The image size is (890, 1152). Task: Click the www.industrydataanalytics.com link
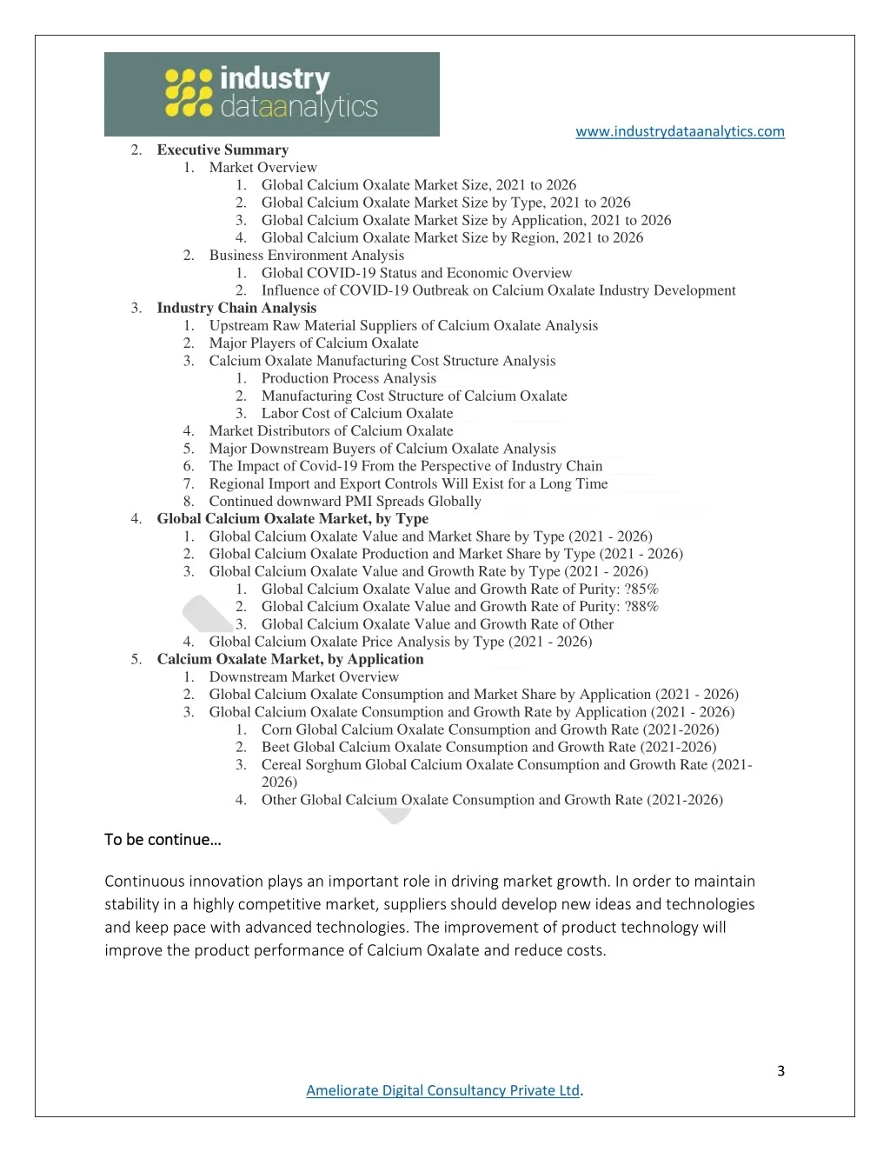point(680,131)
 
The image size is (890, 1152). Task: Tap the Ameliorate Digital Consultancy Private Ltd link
point(442,1090)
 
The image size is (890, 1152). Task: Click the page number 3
point(780,1070)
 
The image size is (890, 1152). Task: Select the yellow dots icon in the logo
point(189,93)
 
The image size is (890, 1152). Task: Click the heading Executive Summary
point(222,150)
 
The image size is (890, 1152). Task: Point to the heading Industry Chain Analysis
point(236,308)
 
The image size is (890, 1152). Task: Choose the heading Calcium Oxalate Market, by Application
point(290,659)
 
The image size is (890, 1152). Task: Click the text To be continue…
point(163,839)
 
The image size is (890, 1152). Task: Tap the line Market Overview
point(262,167)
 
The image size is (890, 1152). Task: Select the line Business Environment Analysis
point(306,255)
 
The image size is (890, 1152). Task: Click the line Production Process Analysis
point(349,378)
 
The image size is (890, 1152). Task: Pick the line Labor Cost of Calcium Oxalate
point(357,413)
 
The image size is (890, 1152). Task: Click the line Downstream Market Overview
point(303,676)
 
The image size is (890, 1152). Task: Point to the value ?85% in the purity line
point(641,589)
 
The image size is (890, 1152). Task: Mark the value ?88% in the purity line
point(641,606)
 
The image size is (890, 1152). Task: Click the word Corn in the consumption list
point(276,729)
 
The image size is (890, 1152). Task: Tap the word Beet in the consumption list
point(276,747)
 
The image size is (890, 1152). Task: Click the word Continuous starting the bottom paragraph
point(145,881)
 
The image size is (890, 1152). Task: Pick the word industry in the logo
point(275,78)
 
